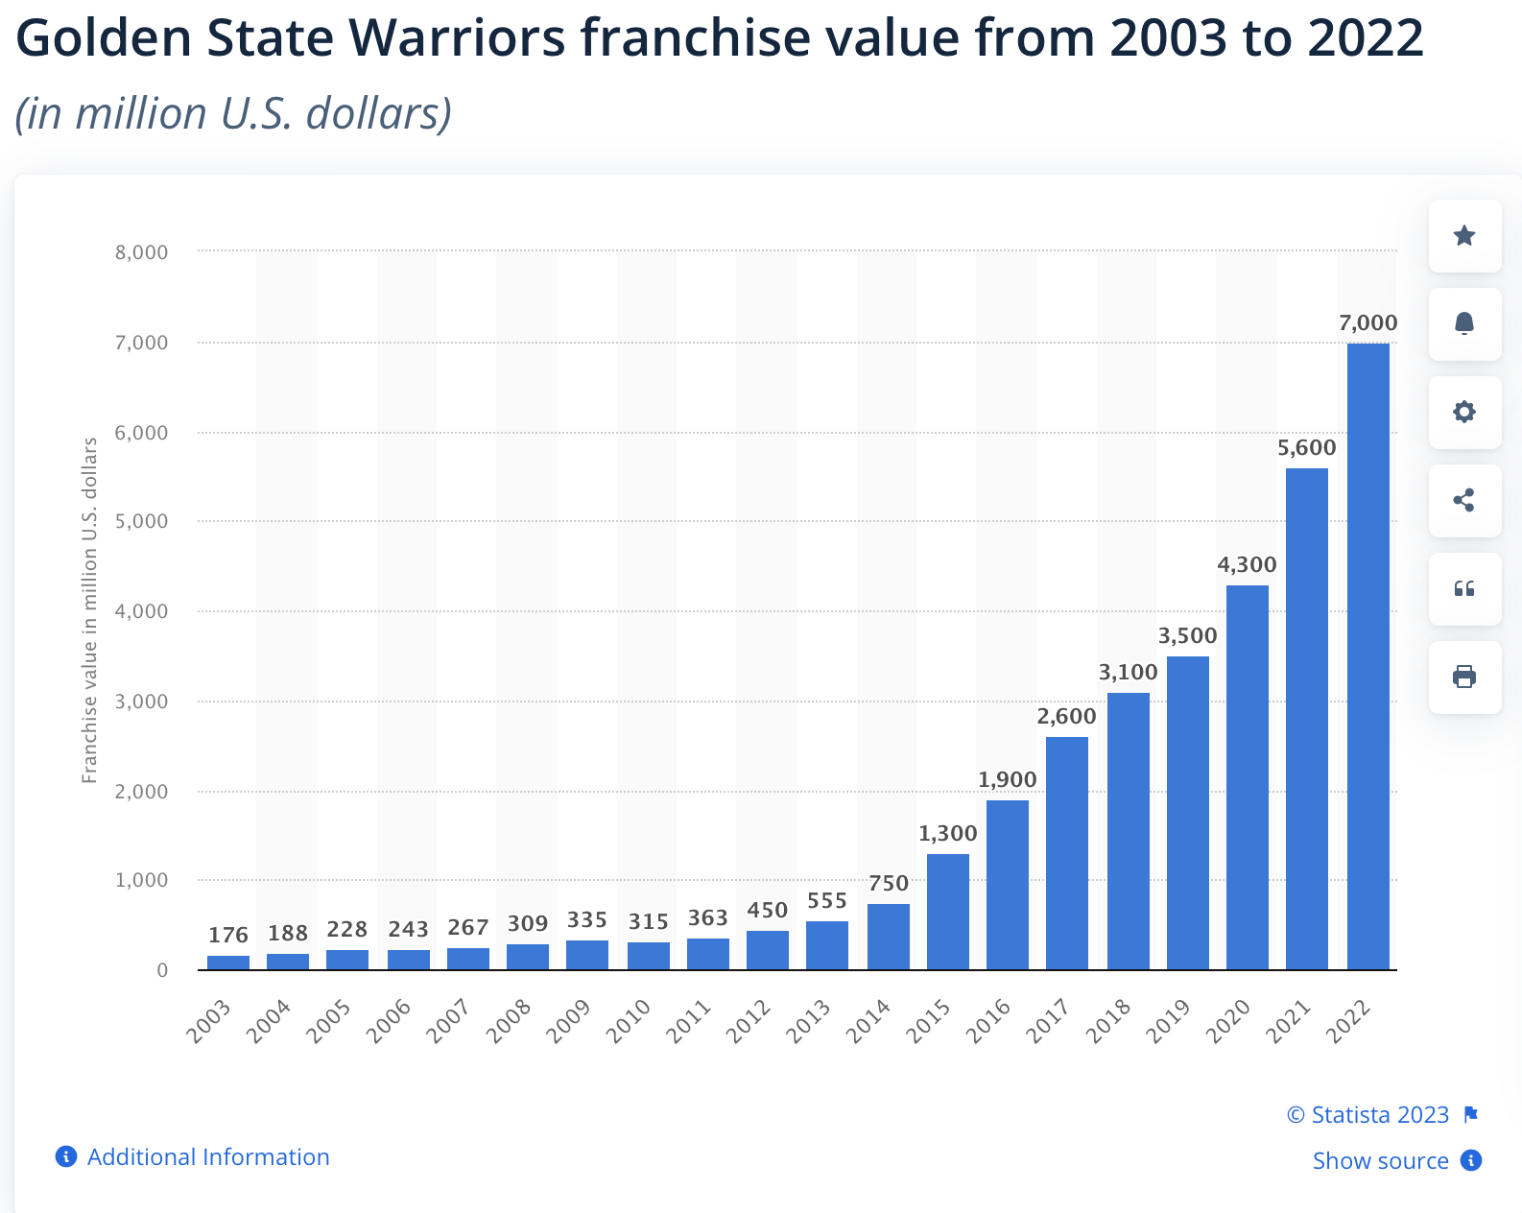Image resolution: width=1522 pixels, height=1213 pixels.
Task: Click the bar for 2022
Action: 1367,656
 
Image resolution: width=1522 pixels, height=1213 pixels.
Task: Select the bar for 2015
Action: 947,912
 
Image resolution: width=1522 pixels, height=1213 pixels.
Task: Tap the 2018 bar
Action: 1128,831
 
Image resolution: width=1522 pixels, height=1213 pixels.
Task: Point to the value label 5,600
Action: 1306,448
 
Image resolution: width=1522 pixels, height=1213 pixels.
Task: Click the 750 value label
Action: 888,884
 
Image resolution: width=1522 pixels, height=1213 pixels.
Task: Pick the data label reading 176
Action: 228,935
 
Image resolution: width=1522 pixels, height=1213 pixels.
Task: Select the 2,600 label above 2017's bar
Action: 1066,717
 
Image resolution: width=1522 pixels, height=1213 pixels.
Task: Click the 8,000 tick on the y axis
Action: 141,252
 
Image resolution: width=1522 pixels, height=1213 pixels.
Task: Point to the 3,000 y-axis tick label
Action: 141,702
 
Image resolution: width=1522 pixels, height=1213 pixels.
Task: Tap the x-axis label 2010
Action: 630,1020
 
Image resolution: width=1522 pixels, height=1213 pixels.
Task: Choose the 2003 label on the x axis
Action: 209,1020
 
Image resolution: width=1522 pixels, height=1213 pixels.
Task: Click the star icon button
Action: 1464,236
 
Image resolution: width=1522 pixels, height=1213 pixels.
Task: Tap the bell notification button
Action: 1464,324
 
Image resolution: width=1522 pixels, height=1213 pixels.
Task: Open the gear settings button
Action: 1464,413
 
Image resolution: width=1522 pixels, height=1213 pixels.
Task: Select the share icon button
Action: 1464,501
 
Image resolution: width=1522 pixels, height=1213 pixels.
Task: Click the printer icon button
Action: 1464,678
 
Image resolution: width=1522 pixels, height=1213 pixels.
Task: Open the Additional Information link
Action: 207,1157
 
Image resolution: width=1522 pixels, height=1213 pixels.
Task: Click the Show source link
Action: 1380,1161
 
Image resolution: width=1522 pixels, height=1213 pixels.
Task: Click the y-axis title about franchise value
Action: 90,610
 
